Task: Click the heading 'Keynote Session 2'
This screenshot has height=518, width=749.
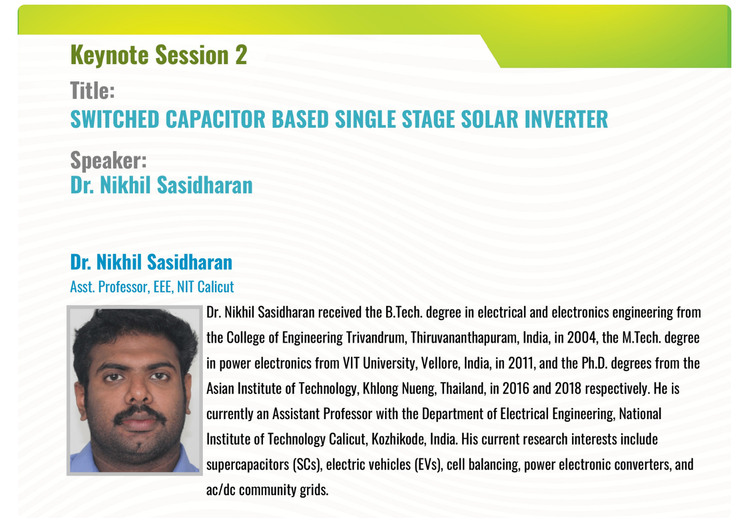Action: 158,55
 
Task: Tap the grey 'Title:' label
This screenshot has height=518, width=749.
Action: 92,90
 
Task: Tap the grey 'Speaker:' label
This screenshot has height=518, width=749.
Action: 108,161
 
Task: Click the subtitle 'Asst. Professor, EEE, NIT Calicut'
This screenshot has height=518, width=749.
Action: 152,287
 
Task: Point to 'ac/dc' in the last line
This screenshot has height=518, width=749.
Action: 221,490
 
